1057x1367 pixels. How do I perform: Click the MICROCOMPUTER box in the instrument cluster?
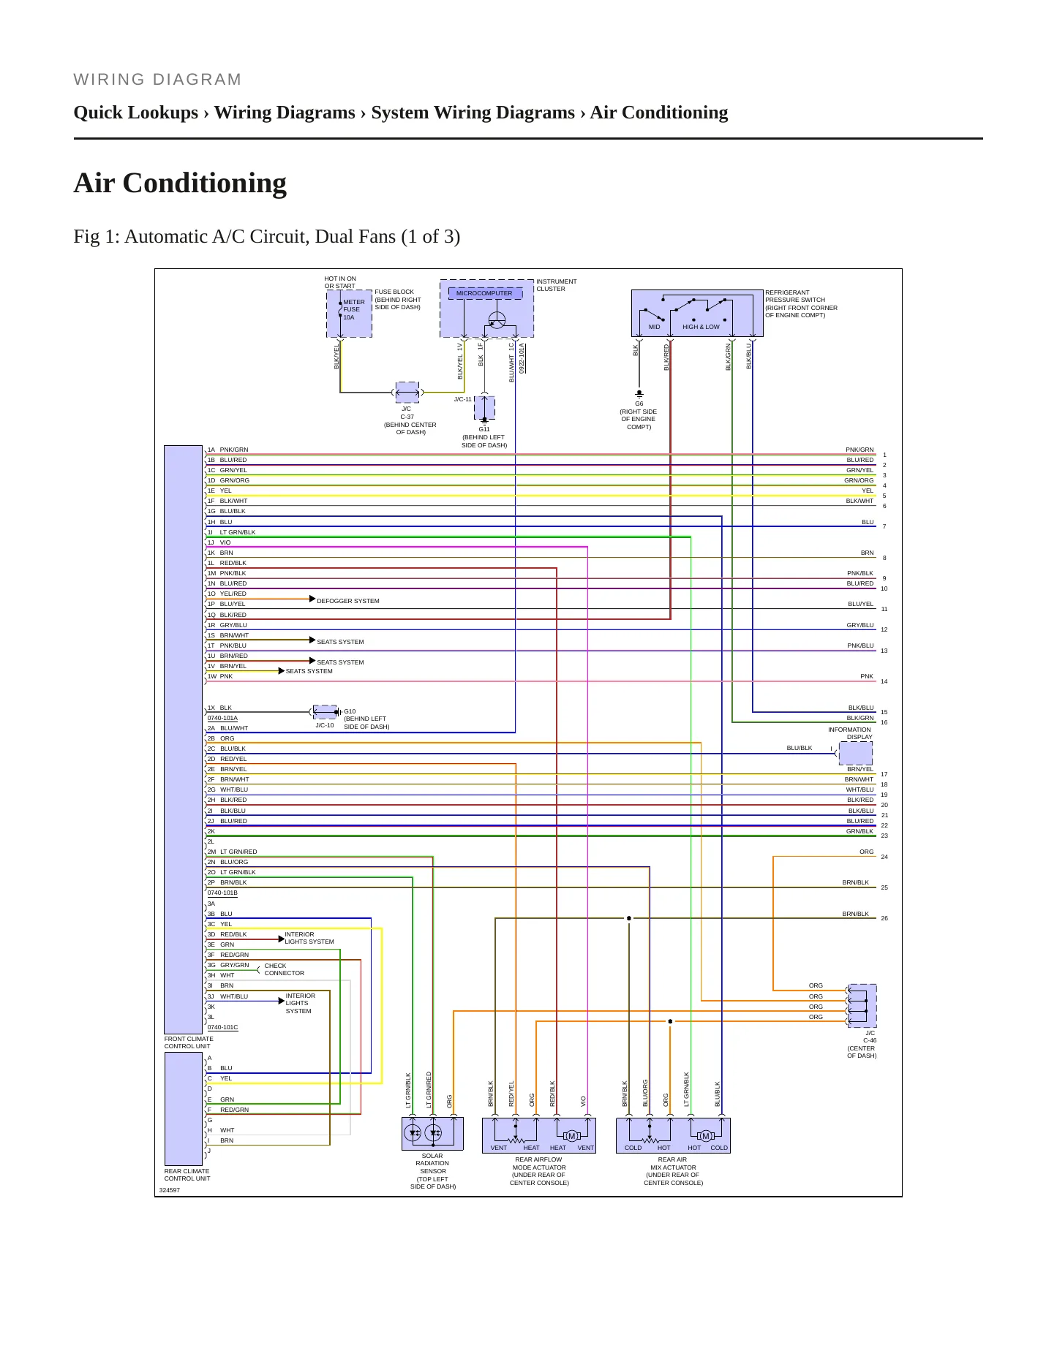[x=485, y=293]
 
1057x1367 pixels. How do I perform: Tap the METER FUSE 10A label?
[x=354, y=309]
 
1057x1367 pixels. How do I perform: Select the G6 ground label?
[x=639, y=404]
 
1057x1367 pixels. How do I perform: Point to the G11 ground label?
[x=484, y=429]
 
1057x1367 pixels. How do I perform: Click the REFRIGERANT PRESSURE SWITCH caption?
[x=801, y=303]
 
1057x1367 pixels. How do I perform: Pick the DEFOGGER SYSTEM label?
[x=348, y=601]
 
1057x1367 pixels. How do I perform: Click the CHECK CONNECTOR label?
[x=284, y=969]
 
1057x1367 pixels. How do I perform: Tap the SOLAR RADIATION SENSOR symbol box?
[x=433, y=1134]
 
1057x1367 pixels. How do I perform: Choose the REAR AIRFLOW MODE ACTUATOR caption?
[x=539, y=1171]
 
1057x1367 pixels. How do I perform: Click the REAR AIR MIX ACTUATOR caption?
[x=673, y=1171]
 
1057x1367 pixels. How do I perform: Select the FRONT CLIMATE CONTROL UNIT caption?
[x=189, y=1042]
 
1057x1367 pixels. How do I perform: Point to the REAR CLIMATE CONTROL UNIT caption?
[x=187, y=1175]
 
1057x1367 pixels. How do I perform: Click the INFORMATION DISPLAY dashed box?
[x=855, y=753]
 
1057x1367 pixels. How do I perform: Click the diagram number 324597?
[x=170, y=1190]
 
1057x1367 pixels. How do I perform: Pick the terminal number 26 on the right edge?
[x=884, y=918]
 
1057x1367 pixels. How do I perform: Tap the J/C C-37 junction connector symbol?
[x=407, y=393]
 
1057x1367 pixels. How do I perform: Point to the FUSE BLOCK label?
[x=394, y=292]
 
